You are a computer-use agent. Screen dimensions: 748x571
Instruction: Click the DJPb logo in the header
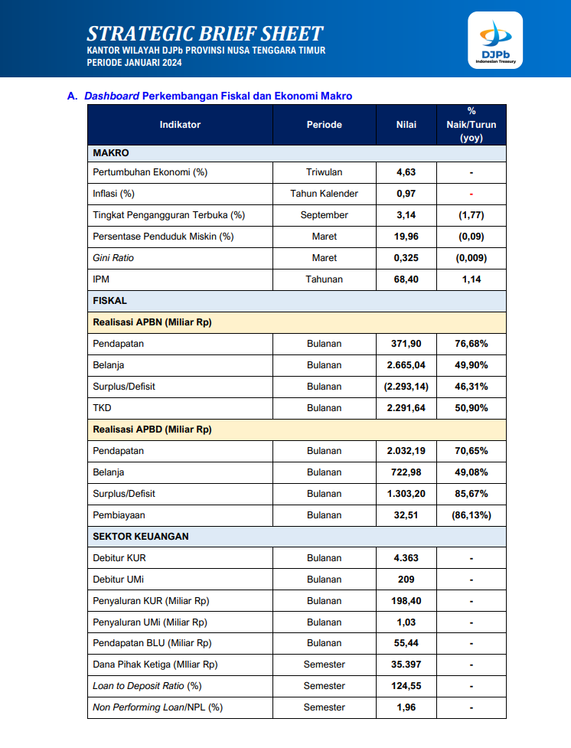click(495, 40)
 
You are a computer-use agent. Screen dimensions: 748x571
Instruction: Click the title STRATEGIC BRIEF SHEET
click(204, 33)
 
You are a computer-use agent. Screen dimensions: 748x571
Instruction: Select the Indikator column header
click(180, 125)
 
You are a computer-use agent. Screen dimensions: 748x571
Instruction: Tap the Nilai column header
click(406, 125)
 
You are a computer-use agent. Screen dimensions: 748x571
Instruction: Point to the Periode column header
click(324, 125)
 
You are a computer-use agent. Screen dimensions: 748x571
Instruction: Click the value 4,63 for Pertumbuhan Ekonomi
click(406, 172)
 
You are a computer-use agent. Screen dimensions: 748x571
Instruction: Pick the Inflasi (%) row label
click(113, 194)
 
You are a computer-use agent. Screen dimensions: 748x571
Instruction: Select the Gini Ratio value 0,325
click(406, 258)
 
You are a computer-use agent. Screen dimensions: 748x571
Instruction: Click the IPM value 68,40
click(406, 279)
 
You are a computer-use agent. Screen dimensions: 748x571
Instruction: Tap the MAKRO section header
click(111, 153)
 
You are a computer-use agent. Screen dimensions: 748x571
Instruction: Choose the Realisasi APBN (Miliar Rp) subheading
click(152, 322)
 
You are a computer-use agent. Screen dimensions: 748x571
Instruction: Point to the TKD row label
click(102, 408)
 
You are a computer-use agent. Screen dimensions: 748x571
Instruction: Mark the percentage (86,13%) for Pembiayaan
click(471, 515)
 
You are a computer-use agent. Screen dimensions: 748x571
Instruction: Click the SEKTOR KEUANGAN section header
click(141, 537)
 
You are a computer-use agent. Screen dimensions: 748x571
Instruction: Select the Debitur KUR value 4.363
click(406, 558)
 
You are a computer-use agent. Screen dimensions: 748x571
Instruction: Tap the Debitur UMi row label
click(119, 580)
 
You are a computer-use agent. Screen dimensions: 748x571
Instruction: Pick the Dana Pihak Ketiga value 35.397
click(406, 665)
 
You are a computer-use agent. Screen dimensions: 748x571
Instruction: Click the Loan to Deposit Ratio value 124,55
click(406, 686)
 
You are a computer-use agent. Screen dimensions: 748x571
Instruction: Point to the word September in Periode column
click(324, 215)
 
